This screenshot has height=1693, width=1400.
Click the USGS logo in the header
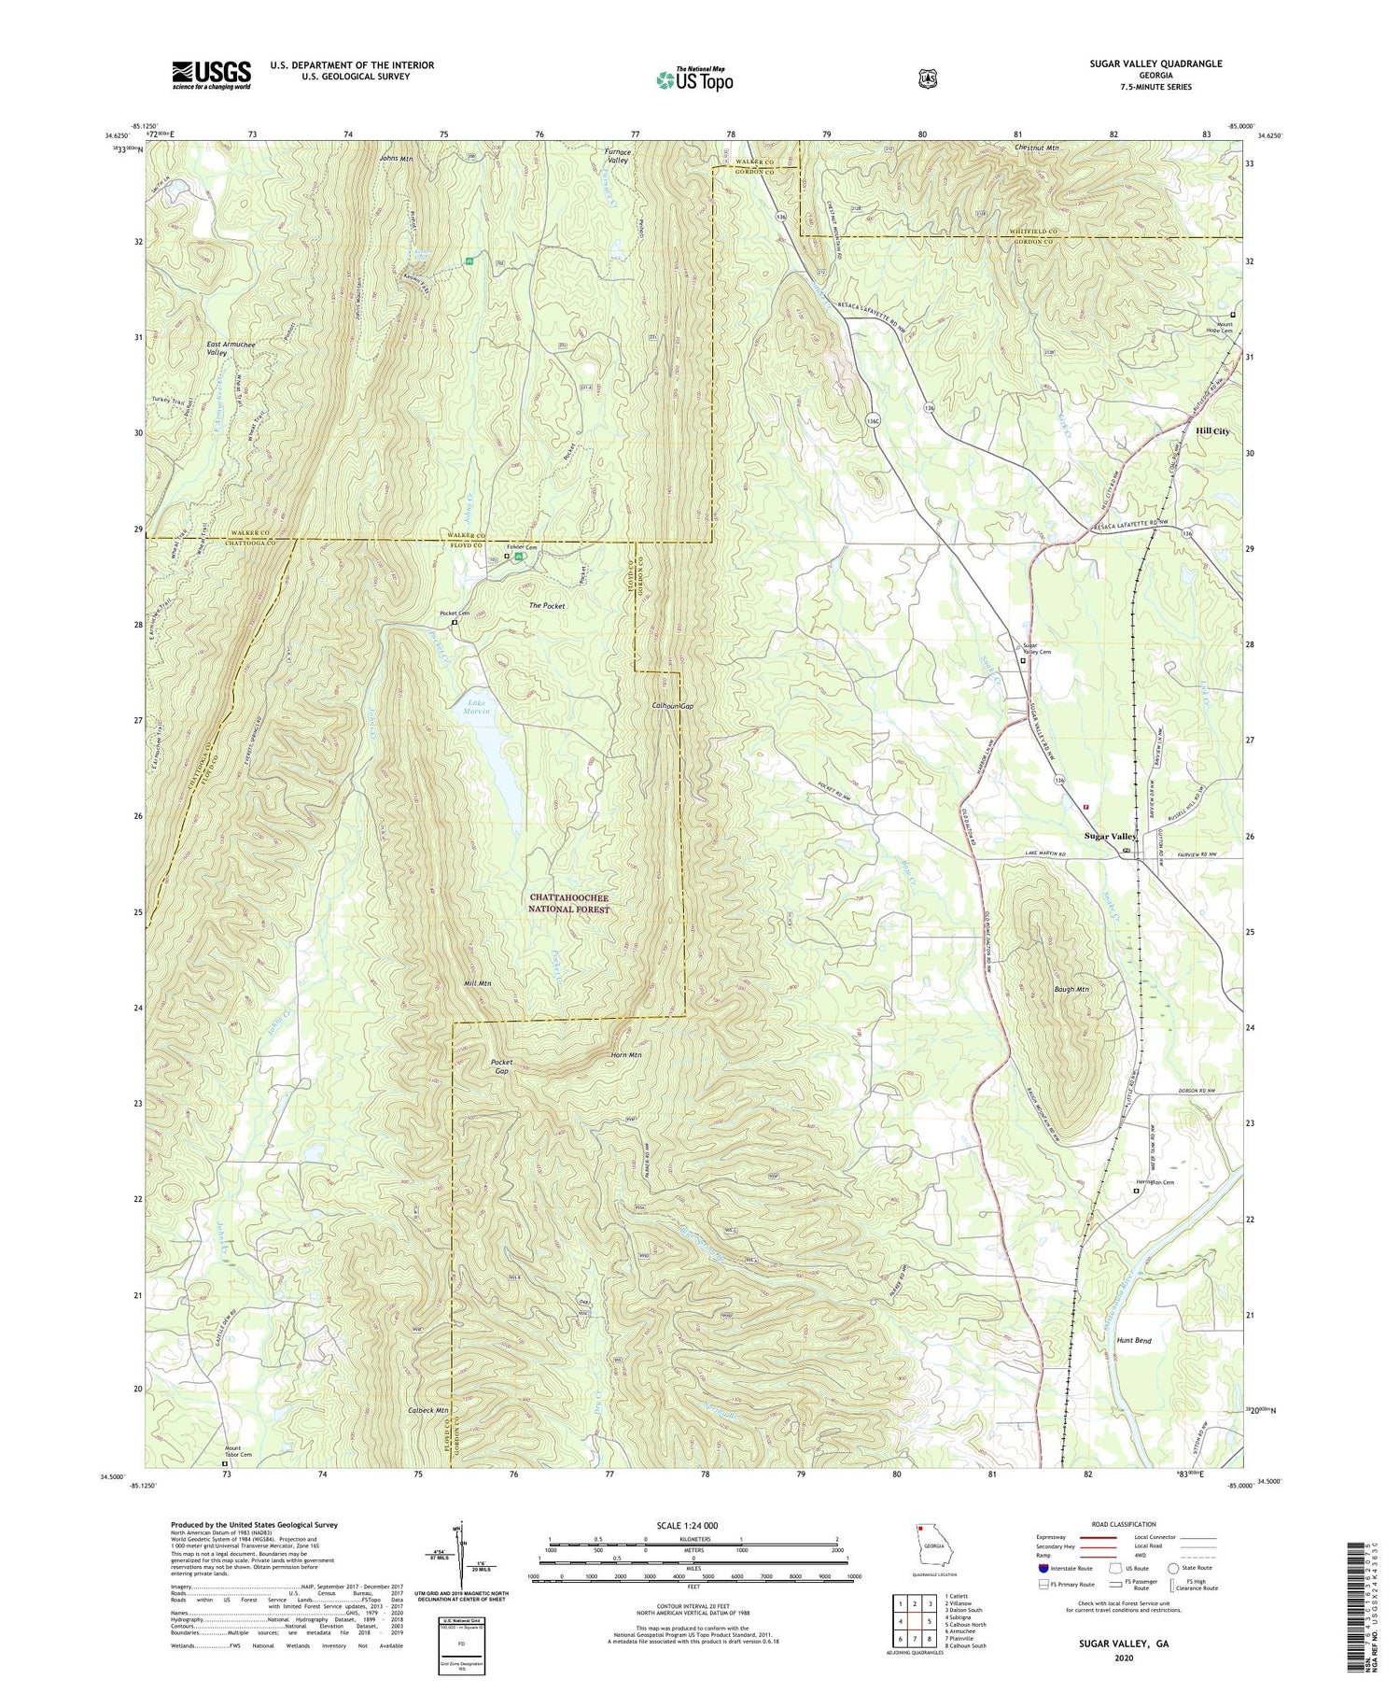coord(211,75)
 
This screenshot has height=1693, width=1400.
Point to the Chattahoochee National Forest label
coord(568,903)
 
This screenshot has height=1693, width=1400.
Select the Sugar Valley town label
coord(1110,837)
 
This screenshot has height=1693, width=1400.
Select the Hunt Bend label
coord(1134,1341)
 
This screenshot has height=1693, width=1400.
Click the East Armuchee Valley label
coord(231,348)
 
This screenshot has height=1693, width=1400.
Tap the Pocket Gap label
coord(502,1066)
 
